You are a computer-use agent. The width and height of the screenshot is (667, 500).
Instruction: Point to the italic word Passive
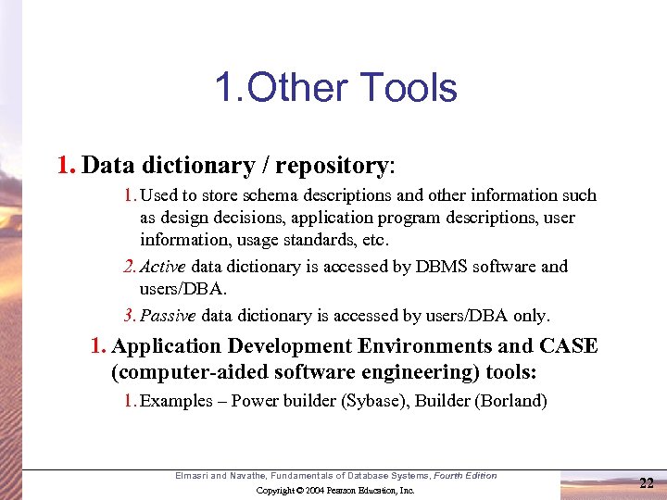pos(170,315)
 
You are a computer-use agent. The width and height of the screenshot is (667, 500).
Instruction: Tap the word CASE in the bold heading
pos(570,346)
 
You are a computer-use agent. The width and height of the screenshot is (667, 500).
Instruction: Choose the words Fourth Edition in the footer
pos(467,476)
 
